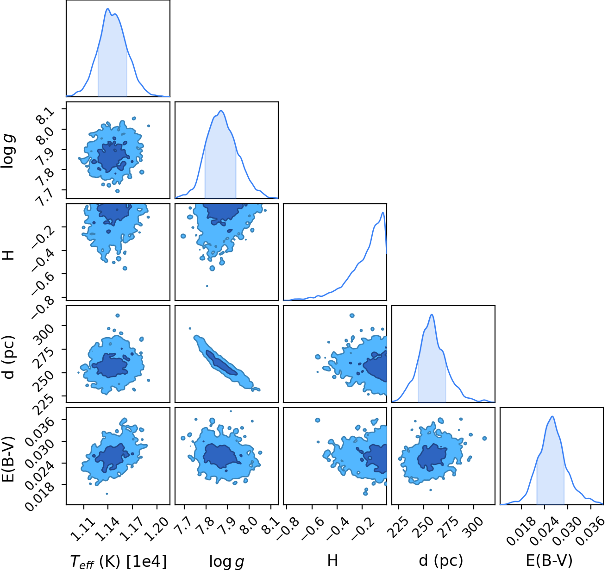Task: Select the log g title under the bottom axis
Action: [226, 562]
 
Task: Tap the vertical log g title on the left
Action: [8, 152]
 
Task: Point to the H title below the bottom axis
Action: [332, 560]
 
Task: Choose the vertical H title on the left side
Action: [8, 255]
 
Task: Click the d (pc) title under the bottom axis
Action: [441, 561]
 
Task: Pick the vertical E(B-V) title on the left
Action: [8, 458]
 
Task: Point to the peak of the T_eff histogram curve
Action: [108, 9]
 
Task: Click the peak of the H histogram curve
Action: [382, 213]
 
